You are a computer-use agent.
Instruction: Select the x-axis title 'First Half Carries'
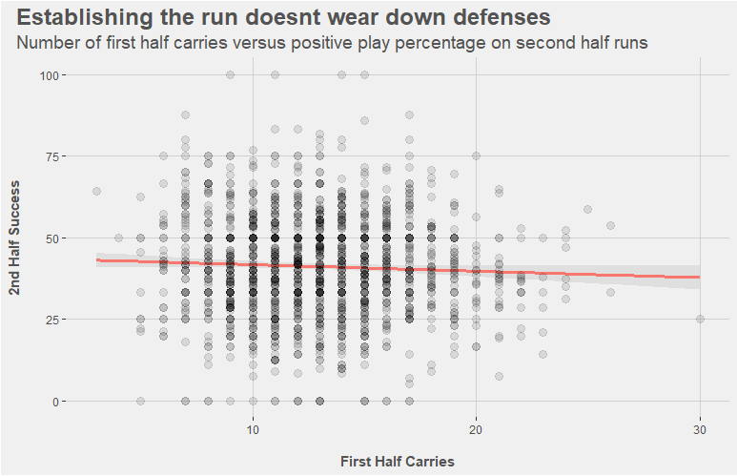397,462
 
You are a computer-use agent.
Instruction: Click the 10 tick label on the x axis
253,430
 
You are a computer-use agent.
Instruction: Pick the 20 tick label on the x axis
476,430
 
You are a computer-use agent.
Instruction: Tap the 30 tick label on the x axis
700,430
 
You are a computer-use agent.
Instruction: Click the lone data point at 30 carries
700,320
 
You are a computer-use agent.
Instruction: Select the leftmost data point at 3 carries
96,191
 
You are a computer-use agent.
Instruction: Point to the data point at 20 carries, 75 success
476,156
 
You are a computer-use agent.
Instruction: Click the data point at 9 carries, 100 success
230,74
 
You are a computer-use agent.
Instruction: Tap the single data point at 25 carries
587,209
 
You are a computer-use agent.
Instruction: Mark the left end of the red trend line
97,259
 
